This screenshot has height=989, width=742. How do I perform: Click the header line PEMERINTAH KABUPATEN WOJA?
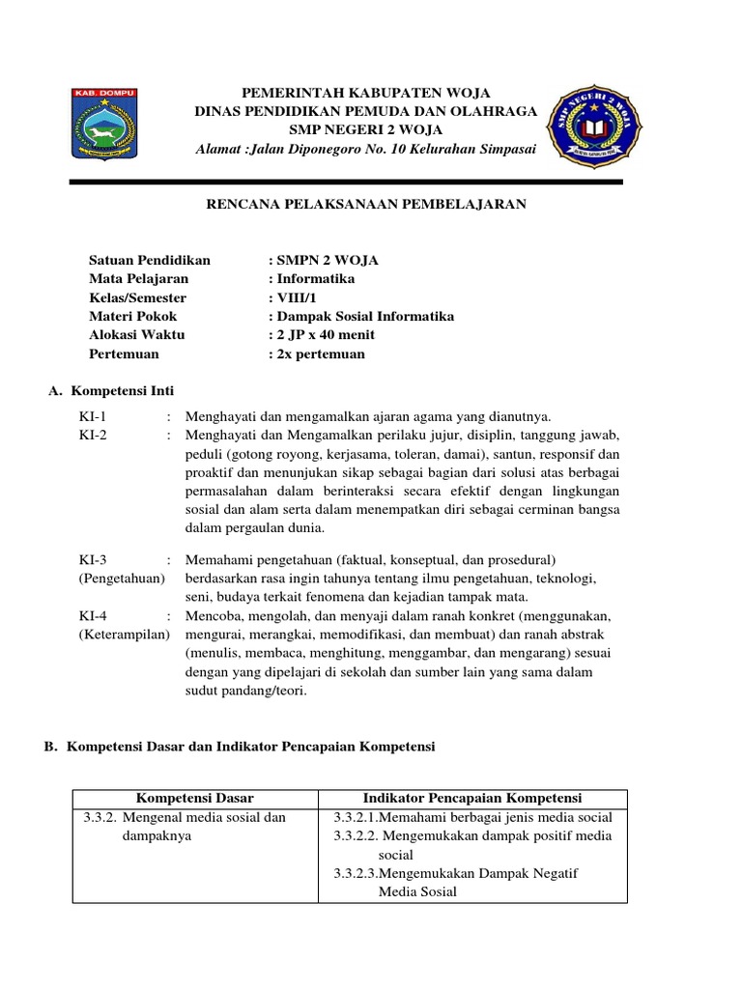366,93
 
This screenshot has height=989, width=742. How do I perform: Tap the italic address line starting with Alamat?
365,149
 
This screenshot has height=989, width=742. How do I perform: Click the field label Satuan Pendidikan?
150,261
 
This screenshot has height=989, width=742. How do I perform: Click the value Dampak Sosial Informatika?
360,317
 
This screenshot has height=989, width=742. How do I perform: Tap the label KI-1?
94,417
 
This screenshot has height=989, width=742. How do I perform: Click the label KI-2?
94,436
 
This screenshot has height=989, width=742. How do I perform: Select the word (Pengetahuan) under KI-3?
122,579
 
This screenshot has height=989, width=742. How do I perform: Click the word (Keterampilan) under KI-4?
125,635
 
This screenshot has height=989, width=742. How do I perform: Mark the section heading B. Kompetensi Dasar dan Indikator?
242,747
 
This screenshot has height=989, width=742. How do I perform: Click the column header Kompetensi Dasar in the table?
195,798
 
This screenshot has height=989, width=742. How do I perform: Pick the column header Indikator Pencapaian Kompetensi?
471,798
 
